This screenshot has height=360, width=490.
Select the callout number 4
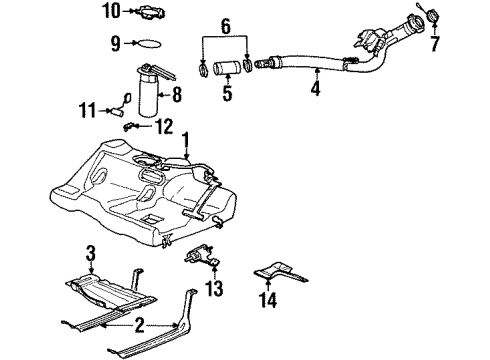[x=316, y=88]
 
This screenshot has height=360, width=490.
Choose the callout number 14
[x=268, y=300]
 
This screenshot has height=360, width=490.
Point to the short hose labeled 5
[x=226, y=72]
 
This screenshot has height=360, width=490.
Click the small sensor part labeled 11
[x=124, y=98]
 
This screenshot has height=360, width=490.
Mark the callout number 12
[x=163, y=126]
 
